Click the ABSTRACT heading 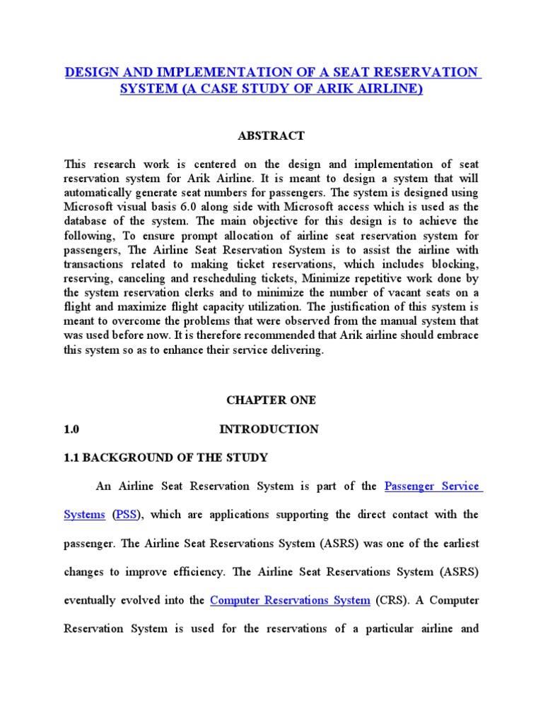click(271, 136)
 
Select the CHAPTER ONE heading click(271, 400)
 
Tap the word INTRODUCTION click(269, 429)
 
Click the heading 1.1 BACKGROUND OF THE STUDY click(165, 458)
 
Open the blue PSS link click(127, 515)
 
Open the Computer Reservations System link click(290, 600)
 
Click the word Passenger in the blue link click(411, 486)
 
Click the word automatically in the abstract click(103, 192)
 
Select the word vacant click(414, 292)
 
